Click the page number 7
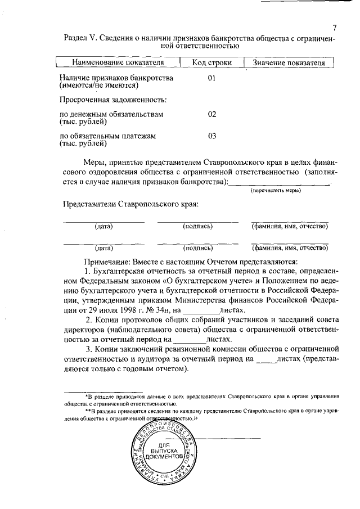coord(334,28)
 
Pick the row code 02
coord(212,114)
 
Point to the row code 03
coord(212,136)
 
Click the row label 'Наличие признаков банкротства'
coord(116,78)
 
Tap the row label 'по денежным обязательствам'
coord(111,114)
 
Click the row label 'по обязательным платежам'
coord(107,136)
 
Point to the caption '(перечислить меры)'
coord(276,190)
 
